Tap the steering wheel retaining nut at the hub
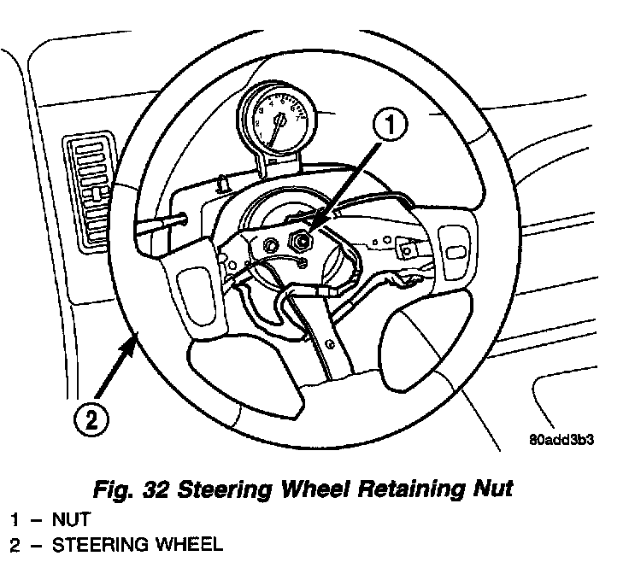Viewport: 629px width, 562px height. click(302, 242)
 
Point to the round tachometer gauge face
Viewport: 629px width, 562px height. click(275, 119)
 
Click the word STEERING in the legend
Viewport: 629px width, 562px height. click(94, 544)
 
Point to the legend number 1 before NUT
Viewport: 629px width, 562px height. click(15, 518)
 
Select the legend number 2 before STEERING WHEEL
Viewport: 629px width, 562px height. click(15, 544)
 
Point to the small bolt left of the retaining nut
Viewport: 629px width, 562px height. click(272, 246)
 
